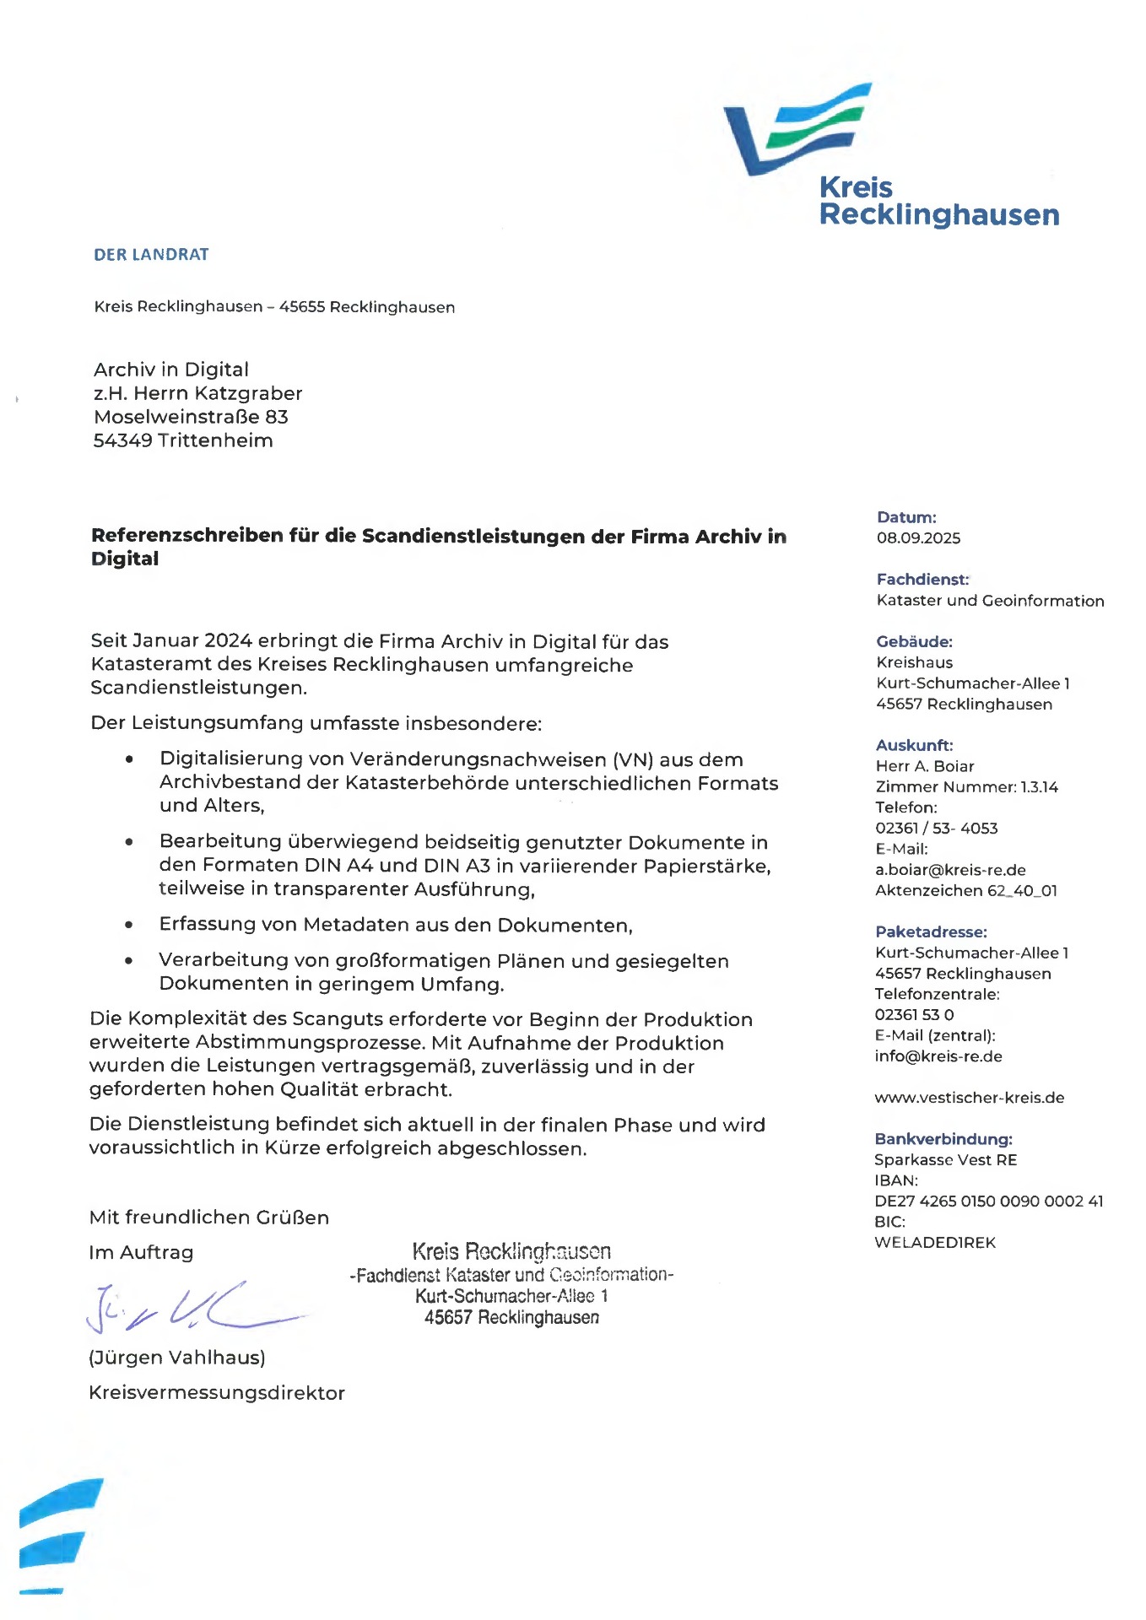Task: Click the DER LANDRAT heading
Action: tap(151, 254)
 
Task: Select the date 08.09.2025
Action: tap(918, 537)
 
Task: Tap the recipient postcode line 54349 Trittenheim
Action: tap(183, 440)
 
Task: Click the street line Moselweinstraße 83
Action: tap(191, 417)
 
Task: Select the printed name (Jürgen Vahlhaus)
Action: tap(177, 1357)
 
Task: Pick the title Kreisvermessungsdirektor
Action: tap(217, 1392)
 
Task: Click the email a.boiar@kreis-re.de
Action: tap(950, 870)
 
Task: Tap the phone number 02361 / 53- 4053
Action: tap(936, 829)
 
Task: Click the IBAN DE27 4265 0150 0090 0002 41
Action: tap(988, 1201)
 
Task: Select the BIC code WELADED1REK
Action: tap(935, 1242)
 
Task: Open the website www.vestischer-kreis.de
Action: tap(969, 1098)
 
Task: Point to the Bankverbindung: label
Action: tap(943, 1139)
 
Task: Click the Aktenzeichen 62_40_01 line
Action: tap(965, 890)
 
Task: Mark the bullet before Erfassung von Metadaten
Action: tap(128, 926)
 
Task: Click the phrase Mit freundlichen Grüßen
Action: tap(209, 1217)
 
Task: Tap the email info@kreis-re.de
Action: tap(938, 1056)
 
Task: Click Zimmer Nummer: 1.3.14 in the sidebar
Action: tap(966, 787)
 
